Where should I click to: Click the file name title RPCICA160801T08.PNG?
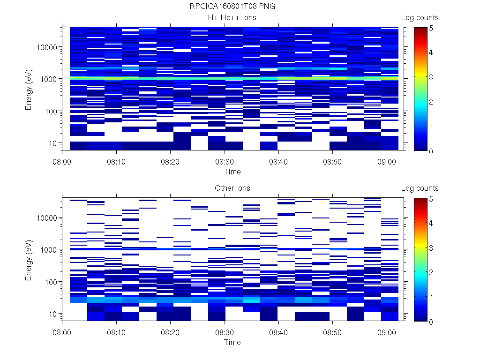(232, 7)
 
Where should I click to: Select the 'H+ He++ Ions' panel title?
(232, 18)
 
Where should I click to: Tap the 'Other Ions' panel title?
(232, 188)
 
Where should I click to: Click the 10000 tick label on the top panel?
(47, 47)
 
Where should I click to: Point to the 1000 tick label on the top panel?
(49, 79)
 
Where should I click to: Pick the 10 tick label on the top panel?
(52, 143)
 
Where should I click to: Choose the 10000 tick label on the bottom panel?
(47, 218)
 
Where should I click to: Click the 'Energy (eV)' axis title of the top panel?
(29, 89)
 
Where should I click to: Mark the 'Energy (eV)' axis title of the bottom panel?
(29, 260)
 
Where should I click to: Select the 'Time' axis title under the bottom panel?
(232, 342)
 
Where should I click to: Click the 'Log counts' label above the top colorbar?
(420, 18)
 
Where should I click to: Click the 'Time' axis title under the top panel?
(232, 172)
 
